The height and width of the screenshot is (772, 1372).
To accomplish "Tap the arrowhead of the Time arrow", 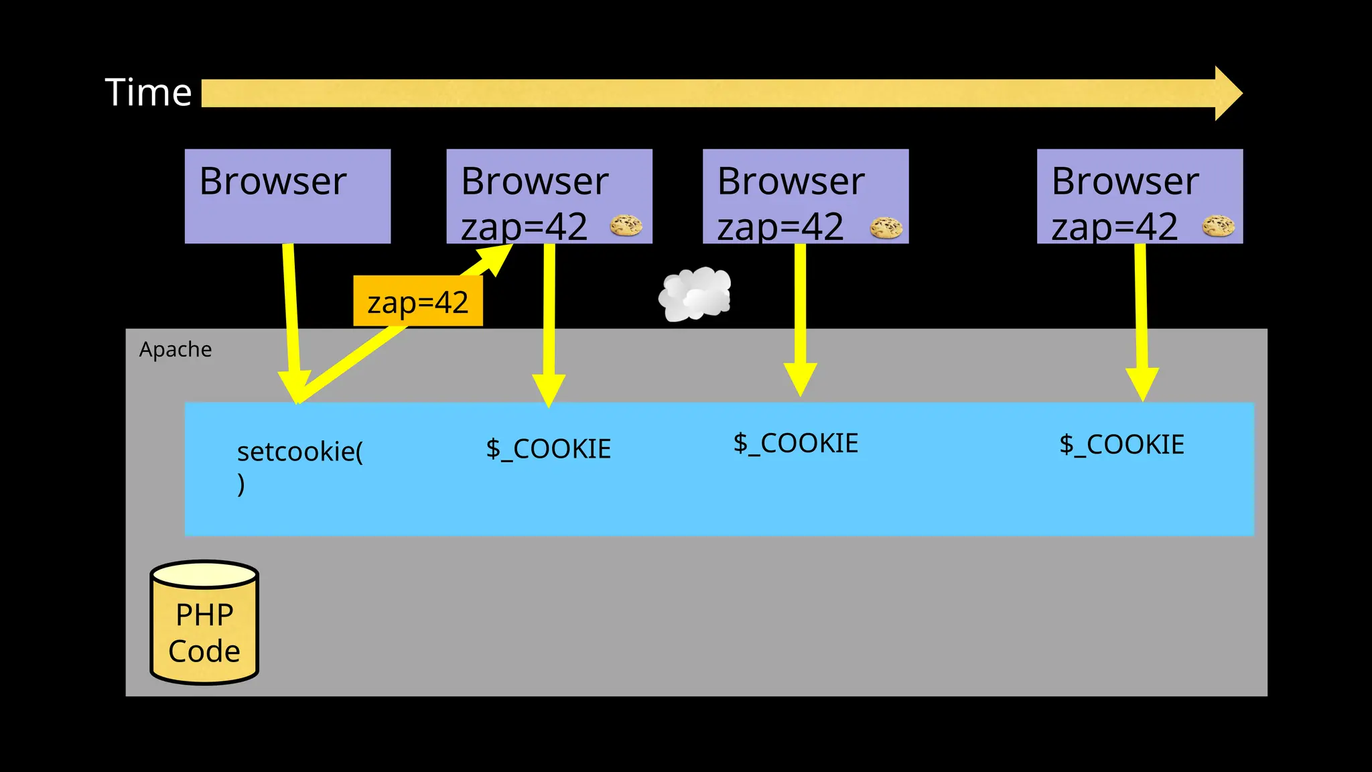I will click(1227, 93).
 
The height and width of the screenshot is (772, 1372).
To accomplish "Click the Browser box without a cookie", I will click(287, 196).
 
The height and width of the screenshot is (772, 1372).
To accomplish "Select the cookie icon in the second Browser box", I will click(626, 226).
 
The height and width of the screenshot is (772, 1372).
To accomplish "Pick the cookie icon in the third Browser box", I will click(886, 228).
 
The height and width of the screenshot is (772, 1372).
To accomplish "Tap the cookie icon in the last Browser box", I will click(1218, 226).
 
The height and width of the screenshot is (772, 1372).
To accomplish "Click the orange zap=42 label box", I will click(417, 302).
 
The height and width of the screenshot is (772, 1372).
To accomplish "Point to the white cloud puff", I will click(695, 294).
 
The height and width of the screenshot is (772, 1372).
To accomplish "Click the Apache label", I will click(176, 349).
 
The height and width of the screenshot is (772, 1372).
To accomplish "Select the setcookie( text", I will click(299, 452).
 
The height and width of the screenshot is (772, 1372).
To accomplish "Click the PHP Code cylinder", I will click(204, 623).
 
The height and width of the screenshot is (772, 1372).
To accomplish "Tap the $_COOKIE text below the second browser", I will click(548, 448).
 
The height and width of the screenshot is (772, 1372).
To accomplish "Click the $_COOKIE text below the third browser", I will click(795, 443).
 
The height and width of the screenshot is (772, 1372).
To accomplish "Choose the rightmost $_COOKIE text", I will click(1121, 444).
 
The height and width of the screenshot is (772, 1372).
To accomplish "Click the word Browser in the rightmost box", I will click(1125, 181).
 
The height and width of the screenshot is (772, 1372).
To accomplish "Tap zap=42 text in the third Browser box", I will click(780, 227).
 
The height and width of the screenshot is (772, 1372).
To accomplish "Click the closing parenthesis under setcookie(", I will click(241, 484).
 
